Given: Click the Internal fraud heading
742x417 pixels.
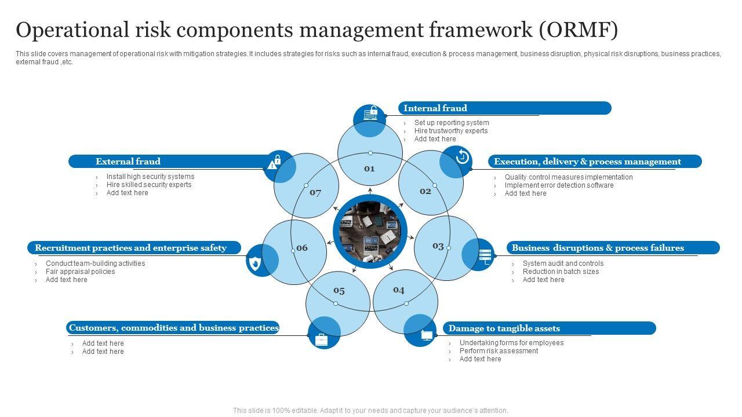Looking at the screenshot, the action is (435, 108).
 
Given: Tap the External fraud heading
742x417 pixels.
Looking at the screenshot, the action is (128, 162).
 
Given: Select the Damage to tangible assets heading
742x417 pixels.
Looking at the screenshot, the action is (504, 328).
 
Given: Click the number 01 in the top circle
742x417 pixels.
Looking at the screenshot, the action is (369, 169).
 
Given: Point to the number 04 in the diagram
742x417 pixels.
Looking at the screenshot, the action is (399, 290).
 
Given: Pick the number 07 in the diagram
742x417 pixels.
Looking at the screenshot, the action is (315, 193).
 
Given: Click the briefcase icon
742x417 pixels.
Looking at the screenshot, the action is (321, 340).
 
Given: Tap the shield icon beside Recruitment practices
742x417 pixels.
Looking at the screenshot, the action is (254, 264).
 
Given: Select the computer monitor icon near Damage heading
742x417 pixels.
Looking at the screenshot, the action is (427, 335).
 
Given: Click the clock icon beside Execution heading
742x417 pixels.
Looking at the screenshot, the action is (463, 156).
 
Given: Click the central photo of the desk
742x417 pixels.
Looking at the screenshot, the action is (370, 231).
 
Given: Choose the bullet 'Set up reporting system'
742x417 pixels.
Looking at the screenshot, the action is (452, 123).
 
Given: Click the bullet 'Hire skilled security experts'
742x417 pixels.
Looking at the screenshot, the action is (149, 185).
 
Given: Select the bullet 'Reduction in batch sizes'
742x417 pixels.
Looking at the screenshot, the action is (561, 272).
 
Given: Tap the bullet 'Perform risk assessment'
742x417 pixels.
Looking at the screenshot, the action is (499, 351).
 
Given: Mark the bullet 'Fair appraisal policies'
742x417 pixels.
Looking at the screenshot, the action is (80, 272).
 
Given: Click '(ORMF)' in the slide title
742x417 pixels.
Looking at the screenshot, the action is (579, 30).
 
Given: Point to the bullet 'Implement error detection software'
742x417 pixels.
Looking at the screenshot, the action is (559, 185).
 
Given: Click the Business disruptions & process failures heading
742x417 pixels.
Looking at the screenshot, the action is (598, 248).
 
